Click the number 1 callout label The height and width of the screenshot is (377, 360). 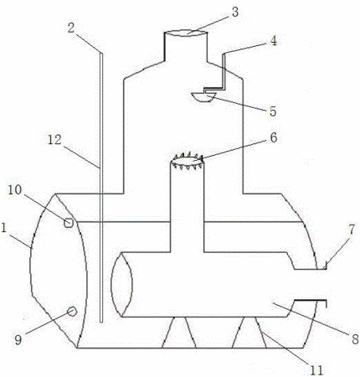click(3, 228)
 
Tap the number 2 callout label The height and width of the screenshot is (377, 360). click(71, 28)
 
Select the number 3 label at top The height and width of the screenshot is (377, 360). click(235, 13)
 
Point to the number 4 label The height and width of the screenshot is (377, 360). click(274, 41)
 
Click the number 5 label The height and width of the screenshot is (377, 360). click(273, 111)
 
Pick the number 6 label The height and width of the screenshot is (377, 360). click(274, 138)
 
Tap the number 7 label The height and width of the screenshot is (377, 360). click(352, 230)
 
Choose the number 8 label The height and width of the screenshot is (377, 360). click(355, 339)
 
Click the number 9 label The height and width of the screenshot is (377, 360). click(18, 339)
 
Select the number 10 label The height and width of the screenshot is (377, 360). click(14, 190)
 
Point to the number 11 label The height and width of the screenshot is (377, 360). click(316, 370)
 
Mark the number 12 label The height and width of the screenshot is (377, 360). click(54, 140)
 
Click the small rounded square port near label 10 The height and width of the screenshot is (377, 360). click(69, 223)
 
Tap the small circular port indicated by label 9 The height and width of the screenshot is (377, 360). click(72, 311)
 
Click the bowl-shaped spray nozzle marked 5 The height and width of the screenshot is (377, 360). click(203, 97)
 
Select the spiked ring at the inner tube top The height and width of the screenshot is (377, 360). click(187, 161)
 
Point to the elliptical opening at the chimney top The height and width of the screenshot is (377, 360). click(186, 34)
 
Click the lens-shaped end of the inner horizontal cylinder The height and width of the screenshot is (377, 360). click(121, 285)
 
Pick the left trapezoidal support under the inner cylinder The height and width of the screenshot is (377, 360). click(179, 333)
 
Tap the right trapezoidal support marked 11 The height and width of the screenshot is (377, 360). click(249, 333)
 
